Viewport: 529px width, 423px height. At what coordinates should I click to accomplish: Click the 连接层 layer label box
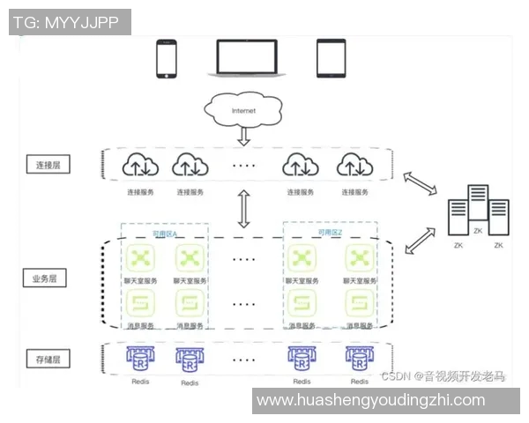pos(47,165)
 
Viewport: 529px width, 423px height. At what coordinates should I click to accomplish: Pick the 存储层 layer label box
pos(47,360)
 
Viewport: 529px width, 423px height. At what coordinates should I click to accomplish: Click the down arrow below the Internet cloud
pos(243,136)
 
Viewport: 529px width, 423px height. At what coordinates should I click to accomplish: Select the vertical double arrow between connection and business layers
pos(243,208)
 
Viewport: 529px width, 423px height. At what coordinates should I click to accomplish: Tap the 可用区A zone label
pos(165,234)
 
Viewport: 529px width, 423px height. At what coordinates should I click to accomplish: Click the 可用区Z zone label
pos(331,233)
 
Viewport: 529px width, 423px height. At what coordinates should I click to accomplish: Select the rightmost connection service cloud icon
pos(351,165)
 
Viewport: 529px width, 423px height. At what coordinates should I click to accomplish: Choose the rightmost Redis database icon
pos(358,359)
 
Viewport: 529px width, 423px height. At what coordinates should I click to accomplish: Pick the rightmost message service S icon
pos(358,305)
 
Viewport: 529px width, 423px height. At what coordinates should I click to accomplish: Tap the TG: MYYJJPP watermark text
pos(69,22)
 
